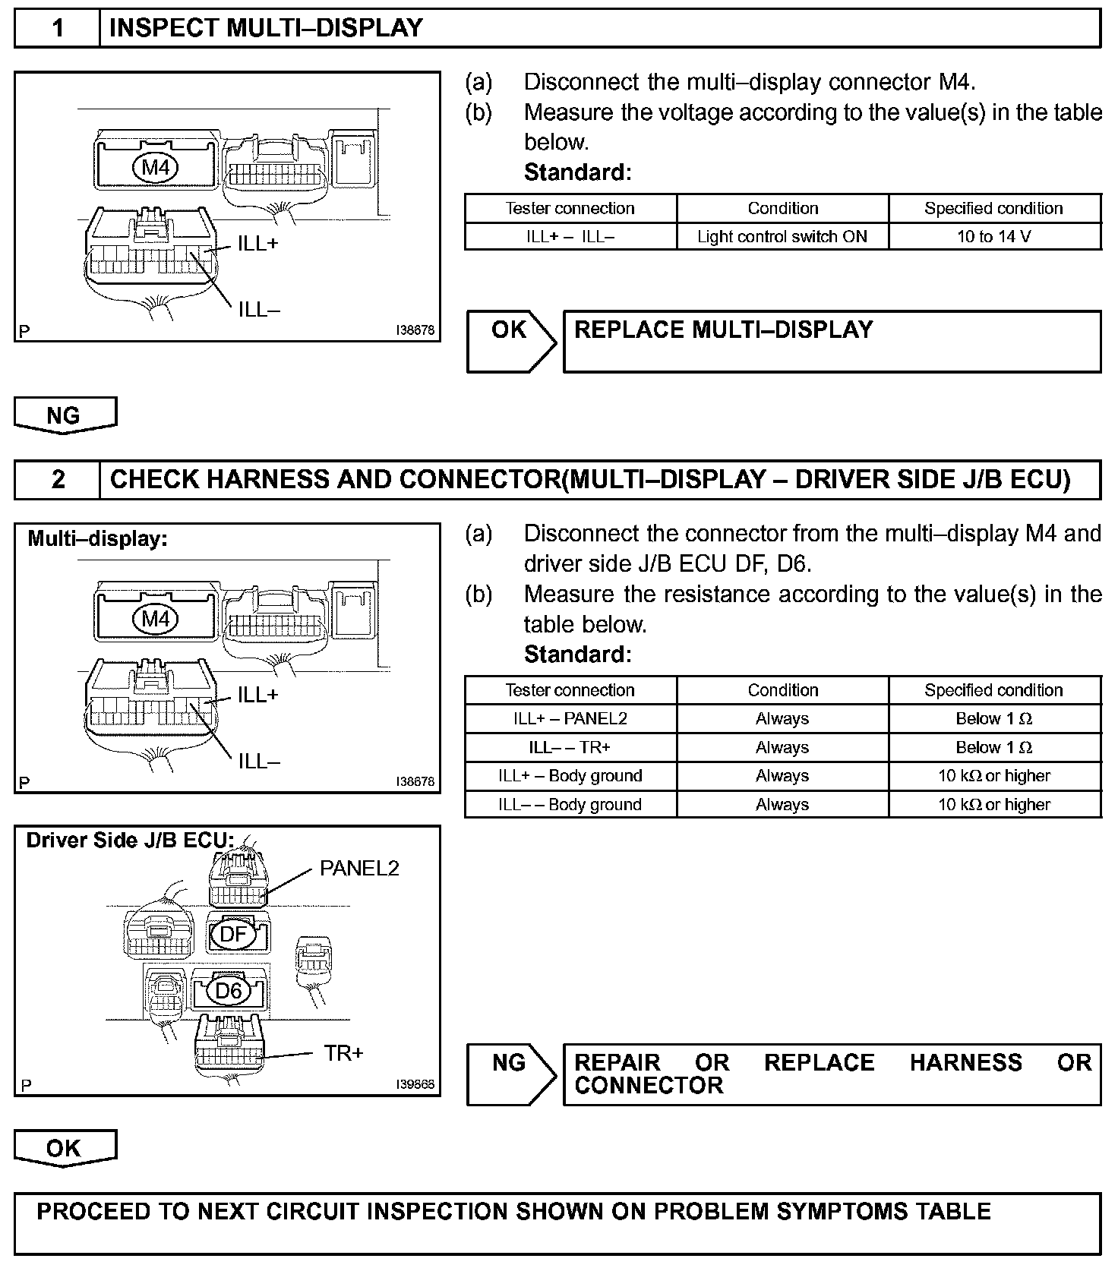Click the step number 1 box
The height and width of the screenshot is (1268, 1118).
click(x=58, y=29)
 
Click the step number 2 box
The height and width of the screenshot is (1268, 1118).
click(x=58, y=480)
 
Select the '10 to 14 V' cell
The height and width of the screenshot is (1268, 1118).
click(x=993, y=237)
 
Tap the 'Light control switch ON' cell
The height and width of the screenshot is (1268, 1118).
click(x=782, y=237)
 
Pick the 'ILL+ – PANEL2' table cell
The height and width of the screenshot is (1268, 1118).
click(x=570, y=719)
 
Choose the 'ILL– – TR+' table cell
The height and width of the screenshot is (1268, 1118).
click(x=570, y=748)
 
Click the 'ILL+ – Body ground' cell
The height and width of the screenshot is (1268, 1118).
click(x=570, y=776)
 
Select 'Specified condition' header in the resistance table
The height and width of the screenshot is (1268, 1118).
click(x=993, y=690)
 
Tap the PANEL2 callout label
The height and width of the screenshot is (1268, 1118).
click(x=359, y=869)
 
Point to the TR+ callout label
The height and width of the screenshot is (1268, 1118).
click(x=343, y=1053)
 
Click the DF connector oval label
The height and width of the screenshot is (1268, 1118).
click(x=233, y=933)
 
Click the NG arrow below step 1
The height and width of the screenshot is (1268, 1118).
click(x=65, y=415)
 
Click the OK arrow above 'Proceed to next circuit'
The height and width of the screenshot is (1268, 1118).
click(x=65, y=1148)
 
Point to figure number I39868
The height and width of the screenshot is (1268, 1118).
click(x=415, y=1085)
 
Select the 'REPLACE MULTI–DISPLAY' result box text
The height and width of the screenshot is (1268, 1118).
click(x=724, y=330)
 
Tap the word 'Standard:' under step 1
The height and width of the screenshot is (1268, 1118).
click(x=577, y=172)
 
